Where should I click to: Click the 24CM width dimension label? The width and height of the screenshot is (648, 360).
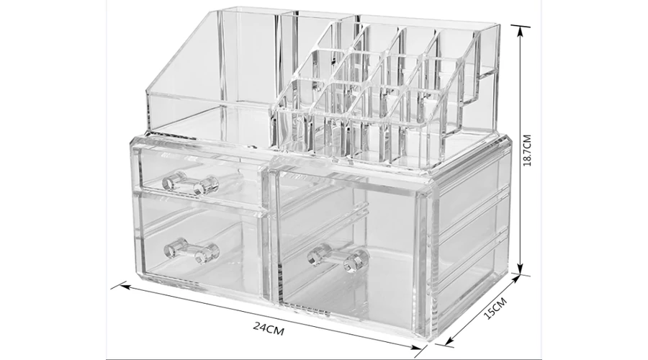point(269,329)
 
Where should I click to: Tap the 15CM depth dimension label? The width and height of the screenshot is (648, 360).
point(495,308)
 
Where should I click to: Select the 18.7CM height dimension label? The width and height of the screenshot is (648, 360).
point(527,150)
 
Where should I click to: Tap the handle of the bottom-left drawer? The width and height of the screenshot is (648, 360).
point(192,251)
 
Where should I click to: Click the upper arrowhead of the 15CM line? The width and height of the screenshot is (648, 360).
point(516,281)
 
